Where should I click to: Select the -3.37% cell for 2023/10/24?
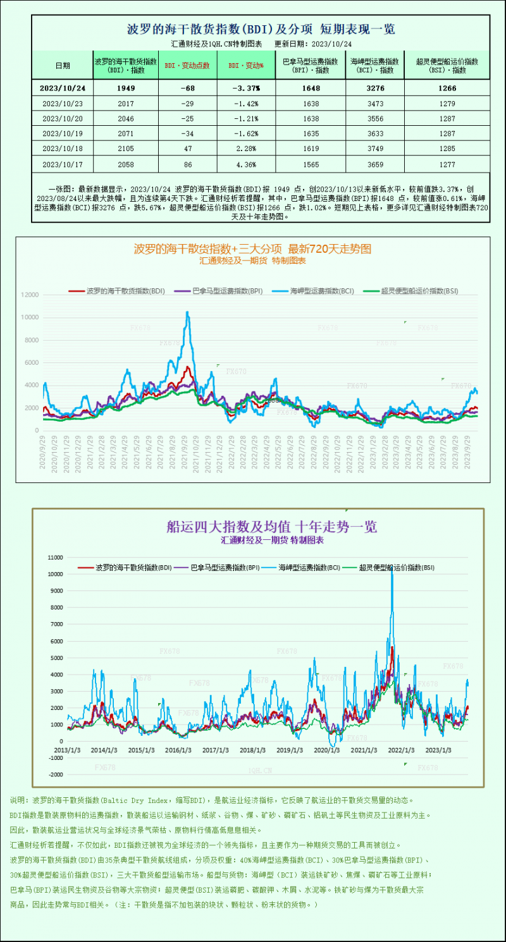(246, 88)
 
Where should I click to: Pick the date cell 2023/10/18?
(62, 149)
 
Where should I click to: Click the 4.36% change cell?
(246, 164)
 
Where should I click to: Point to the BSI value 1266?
(447, 88)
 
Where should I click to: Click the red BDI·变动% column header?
(246, 65)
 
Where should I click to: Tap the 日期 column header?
(62, 65)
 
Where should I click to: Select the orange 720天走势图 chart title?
(252, 249)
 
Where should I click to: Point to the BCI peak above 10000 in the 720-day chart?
(187, 312)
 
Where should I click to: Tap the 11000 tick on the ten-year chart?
(56, 558)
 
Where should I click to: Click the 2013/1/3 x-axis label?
(68, 750)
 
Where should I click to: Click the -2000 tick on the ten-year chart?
(56, 774)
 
